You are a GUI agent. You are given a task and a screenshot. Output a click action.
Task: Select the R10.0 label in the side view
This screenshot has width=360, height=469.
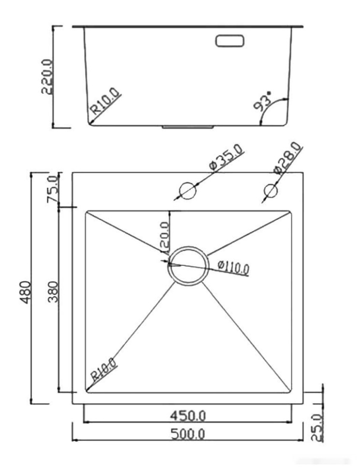click(x=104, y=104)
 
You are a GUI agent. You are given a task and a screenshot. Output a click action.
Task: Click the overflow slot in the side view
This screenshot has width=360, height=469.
click(x=230, y=41)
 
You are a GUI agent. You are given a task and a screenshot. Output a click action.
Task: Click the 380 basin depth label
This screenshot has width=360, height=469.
click(x=52, y=291)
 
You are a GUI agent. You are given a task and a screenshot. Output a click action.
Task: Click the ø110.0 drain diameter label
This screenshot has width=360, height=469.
click(x=233, y=267)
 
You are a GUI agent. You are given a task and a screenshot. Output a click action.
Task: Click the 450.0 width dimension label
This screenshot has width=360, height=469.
click(x=188, y=415)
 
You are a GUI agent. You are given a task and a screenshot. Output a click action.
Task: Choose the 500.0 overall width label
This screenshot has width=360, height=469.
click(x=188, y=434)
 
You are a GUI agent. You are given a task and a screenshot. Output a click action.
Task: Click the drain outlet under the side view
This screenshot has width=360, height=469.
click(x=188, y=127)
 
